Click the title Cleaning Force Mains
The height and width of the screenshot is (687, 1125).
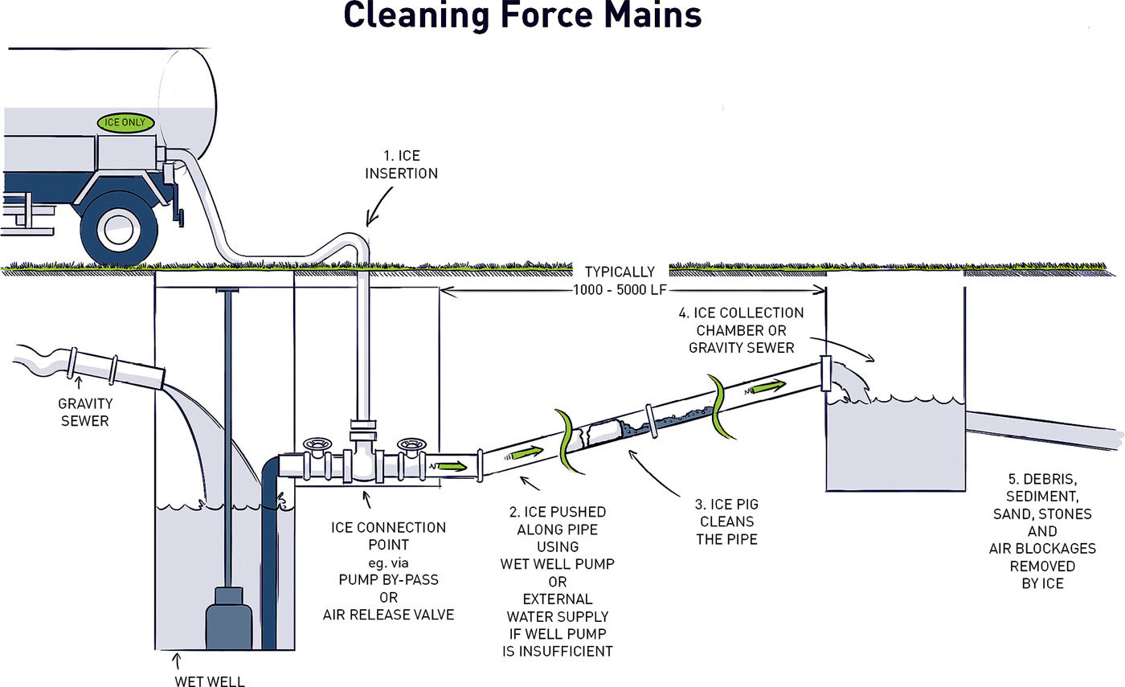tap(522, 16)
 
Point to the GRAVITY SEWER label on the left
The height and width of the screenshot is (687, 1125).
tap(84, 411)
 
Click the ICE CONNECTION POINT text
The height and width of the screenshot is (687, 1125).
tap(388, 536)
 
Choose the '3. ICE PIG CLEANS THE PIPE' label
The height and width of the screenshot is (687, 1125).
tap(726, 521)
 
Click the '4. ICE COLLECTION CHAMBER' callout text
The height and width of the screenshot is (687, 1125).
tap(749, 329)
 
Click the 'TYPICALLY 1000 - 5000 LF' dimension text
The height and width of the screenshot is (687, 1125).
tap(620, 280)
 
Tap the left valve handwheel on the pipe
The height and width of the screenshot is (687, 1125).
tap(318, 444)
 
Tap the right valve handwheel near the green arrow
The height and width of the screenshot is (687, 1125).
tap(413, 444)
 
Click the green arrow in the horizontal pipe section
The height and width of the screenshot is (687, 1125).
tap(451, 465)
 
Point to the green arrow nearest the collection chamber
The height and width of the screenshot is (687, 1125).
tap(768, 386)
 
